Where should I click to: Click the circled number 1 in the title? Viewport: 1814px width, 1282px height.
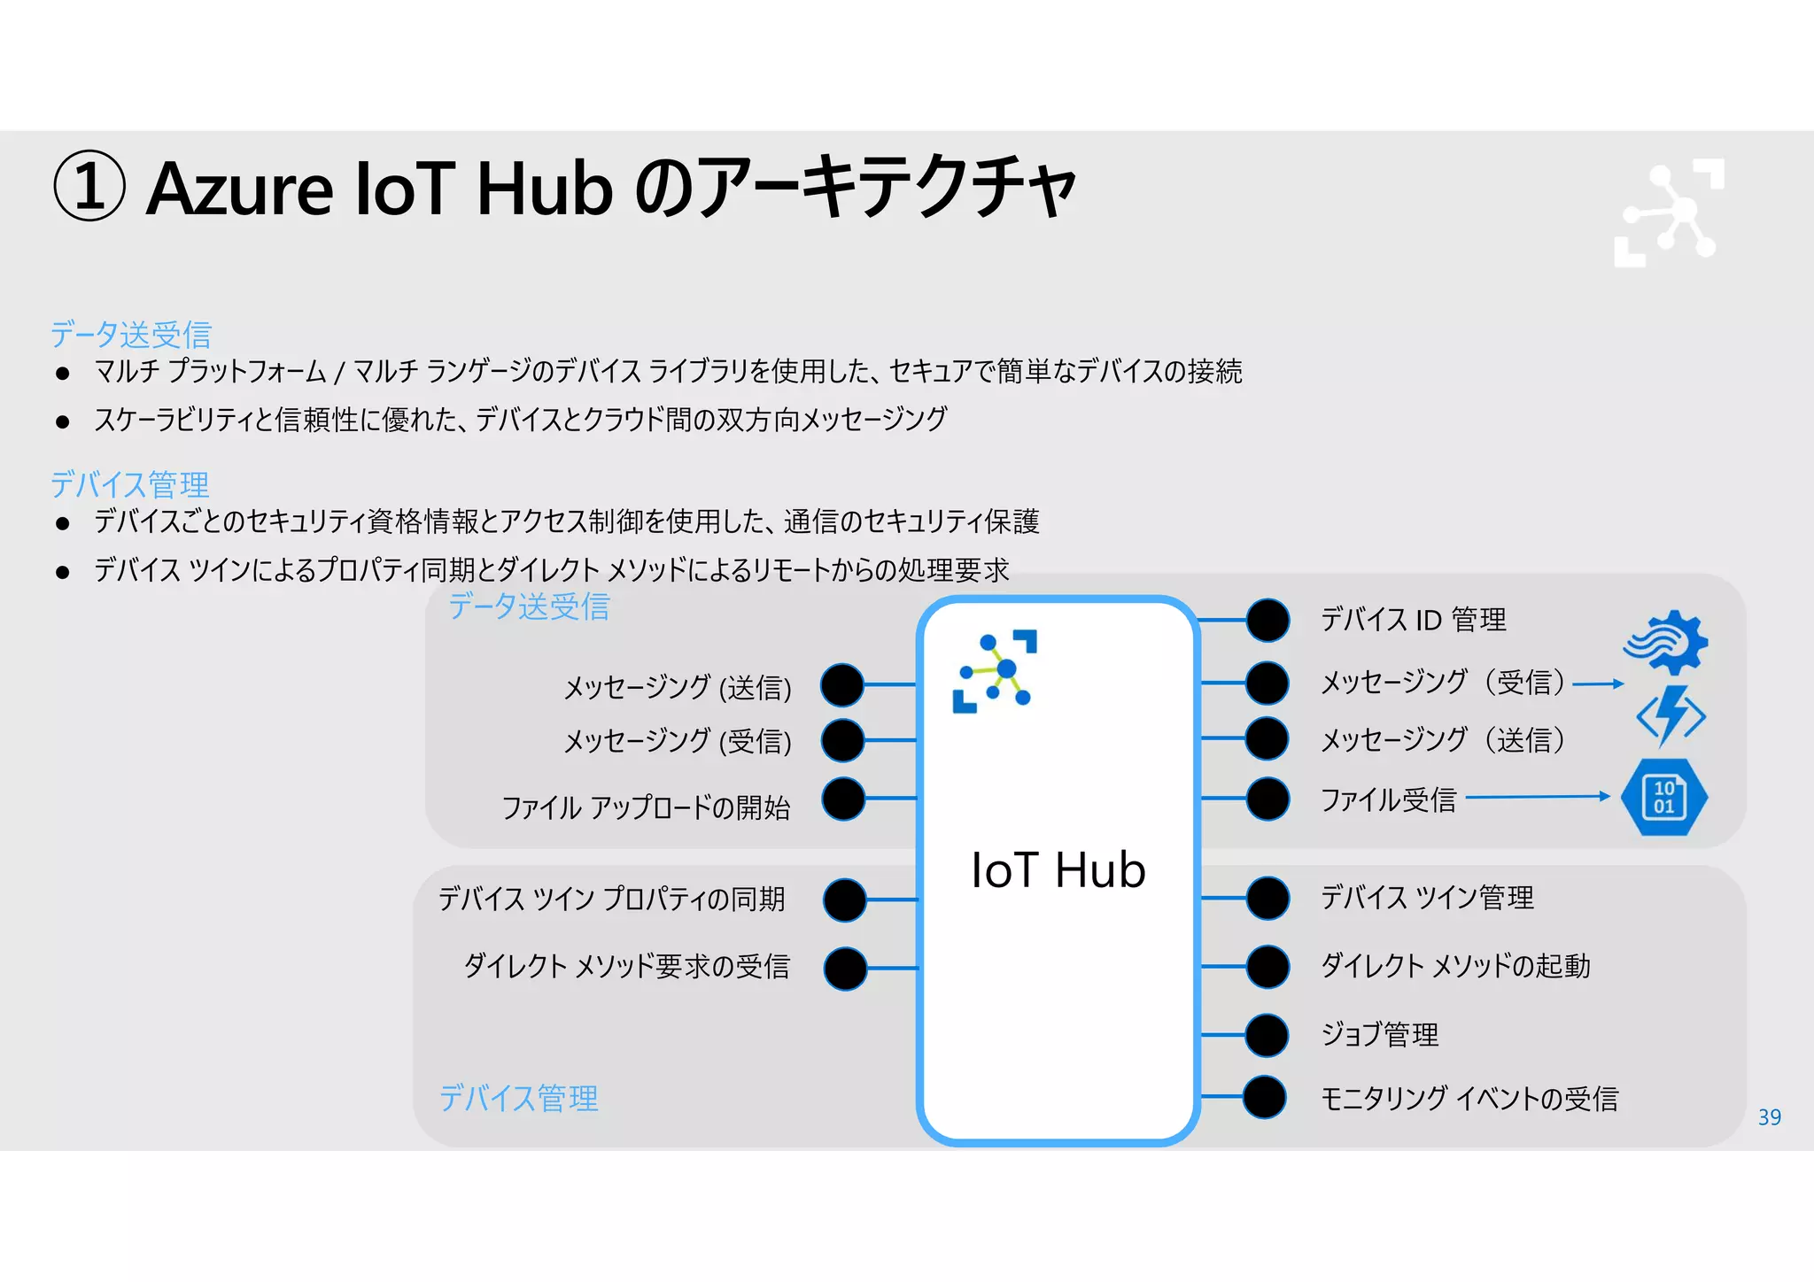pos(89,186)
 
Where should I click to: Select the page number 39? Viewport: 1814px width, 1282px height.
pos(1769,1117)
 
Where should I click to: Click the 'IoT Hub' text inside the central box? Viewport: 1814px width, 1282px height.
pos(1058,870)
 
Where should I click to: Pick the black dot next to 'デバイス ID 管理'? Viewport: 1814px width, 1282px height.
pos(1267,620)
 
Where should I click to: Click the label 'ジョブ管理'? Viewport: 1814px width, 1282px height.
pos(1379,1034)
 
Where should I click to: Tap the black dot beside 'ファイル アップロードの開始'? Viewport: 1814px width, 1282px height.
pos(843,799)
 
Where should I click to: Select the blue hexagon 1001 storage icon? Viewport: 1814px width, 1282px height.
pos(1664,797)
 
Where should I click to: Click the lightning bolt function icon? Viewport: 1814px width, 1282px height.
pos(1671,716)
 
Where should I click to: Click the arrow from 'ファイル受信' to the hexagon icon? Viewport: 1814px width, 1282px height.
pos(1538,797)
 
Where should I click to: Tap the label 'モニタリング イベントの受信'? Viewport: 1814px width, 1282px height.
pos(1469,1099)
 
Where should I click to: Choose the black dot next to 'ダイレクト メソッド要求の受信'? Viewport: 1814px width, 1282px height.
pos(845,968)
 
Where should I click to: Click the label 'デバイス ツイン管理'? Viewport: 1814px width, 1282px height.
pos(1427,898)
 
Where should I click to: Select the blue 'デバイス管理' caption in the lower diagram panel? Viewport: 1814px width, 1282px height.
pos(519,1099)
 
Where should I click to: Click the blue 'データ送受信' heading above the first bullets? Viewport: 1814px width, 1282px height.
pos(131,334)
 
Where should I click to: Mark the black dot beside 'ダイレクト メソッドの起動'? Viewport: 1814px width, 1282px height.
pos(1267,966)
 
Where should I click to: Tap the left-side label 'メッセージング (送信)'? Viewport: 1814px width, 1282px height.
pos(678,687)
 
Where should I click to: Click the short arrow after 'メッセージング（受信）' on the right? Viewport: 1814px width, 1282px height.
pos(1598,683)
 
